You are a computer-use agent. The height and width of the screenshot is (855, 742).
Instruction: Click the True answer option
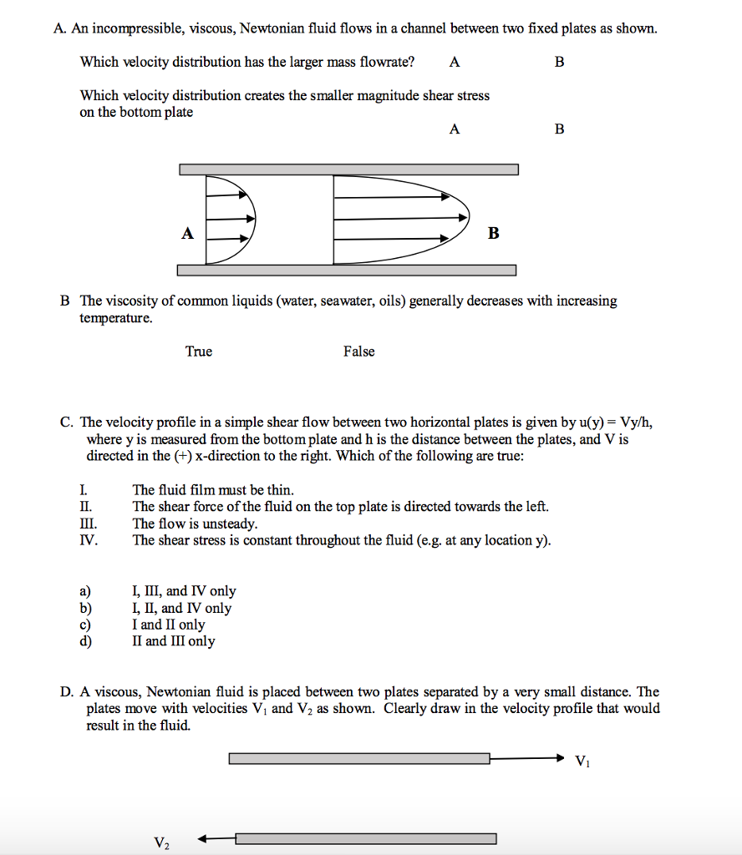tap(199, 352)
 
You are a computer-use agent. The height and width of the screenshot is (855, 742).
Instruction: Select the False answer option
tap(358, 352)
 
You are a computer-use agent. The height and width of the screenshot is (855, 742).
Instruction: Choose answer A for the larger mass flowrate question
tap(454, 62)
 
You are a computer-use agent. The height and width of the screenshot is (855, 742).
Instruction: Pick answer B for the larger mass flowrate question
tap(559, 62)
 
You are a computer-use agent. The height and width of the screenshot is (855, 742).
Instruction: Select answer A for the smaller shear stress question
tap(454, 129)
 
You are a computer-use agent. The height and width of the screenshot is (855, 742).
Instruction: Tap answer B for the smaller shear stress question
tap(559, 129)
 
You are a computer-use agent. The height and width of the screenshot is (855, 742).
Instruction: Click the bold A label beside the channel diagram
tap(188, 234)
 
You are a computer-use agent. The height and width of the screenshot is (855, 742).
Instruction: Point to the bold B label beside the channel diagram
tap(493, 234)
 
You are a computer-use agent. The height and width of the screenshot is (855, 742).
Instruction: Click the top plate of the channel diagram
tap(348, 169)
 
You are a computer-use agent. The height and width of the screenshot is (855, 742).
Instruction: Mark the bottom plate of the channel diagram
tap(347, 270)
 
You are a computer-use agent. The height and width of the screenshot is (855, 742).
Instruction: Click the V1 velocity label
tap(582, 761)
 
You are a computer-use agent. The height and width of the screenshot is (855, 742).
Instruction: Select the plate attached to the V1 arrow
tap(359, 758)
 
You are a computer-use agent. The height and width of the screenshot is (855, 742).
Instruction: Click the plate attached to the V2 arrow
tap(366, 838)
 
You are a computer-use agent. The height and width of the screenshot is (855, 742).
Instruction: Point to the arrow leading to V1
tap(527, 758)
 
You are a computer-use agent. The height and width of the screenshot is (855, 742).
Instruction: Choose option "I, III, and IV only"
tap(184, 591)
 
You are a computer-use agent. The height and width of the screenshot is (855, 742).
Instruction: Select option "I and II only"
tap(168, 625)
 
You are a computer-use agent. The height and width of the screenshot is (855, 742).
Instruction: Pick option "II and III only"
tap(173, 641)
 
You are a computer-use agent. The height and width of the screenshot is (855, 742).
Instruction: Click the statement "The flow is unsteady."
tap(195, 524)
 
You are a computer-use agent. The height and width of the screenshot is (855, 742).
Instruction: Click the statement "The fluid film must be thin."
tap(213, 490)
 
